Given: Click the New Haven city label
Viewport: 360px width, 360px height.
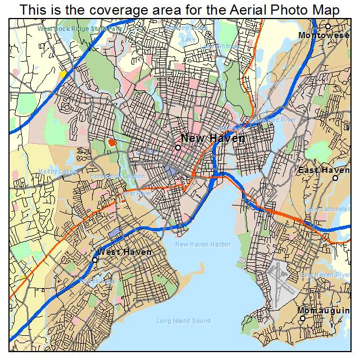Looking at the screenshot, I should pos(212,138).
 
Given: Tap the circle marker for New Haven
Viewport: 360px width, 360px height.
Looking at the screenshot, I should pos(177,148).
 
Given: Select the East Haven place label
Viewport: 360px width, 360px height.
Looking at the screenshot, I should pos(323,170).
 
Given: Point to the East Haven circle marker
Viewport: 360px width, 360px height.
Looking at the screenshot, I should pos(335,178).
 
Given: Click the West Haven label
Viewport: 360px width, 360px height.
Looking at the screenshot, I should pos(124,252).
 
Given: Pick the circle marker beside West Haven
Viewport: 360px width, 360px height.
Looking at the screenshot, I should pos(95,259).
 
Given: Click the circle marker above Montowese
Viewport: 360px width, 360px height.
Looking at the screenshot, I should pos(328,26).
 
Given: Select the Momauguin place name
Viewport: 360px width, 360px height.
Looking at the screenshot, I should pos(324,310).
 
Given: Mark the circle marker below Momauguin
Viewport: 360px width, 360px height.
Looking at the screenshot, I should pos(302,318).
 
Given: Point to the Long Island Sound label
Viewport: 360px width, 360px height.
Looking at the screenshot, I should pos(184,321).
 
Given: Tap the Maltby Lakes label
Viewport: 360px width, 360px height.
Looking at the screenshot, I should pos(57,171).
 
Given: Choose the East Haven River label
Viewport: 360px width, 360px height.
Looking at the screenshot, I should pos(325,275).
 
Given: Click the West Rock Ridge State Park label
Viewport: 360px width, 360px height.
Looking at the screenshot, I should pos(80,28).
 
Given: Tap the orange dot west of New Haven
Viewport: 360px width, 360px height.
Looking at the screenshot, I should pos(112,142).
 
